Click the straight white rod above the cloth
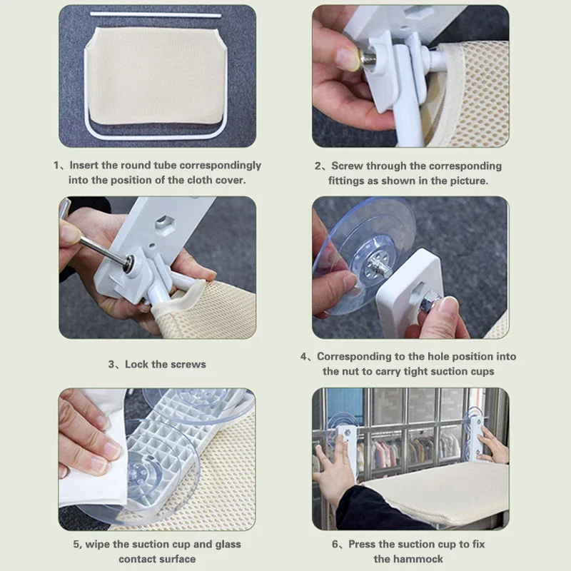[x=156, y=15]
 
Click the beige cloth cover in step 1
[x=156, y=75]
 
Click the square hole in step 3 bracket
[x=164, y=221]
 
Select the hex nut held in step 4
[x=429, y=302]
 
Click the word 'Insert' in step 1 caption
[x=84, y=165]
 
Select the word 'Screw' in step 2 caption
[x=347, y=166]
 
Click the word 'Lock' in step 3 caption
[x=136, y=364]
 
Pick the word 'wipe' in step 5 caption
[x=97, y=545]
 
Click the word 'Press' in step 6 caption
[x=362, y=544]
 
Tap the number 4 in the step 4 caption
[x=304, y=356]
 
